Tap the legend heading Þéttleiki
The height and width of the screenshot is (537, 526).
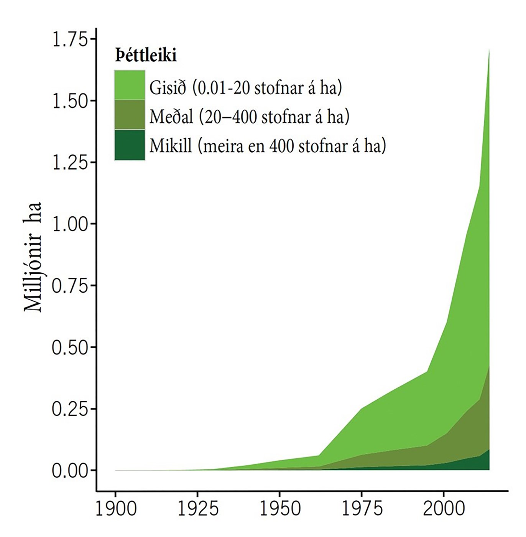146,56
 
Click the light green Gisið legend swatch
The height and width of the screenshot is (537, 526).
130,85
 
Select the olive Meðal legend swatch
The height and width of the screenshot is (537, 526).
130,115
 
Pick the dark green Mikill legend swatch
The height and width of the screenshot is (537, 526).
130,145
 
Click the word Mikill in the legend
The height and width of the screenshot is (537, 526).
171,146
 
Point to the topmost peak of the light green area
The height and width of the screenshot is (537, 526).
489,50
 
